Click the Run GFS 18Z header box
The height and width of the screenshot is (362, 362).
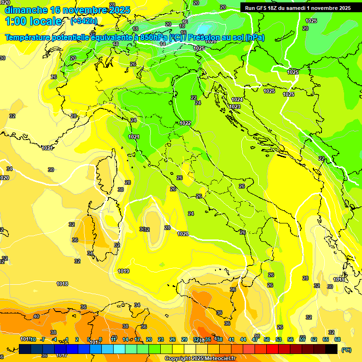pyautogui.click(x=298, y=8)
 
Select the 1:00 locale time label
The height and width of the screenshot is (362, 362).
pyautogui.click(x=33, y=21)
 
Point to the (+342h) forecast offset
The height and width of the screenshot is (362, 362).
pyautogui.click(x=84, y=21)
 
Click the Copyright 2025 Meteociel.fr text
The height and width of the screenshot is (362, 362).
pyautogui.click(x=200, y=358)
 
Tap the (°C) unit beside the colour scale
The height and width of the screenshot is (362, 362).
pyautogui.click(x=346, y=350)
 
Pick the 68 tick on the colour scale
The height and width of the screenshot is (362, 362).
pyautogui.click(x=337, y=339)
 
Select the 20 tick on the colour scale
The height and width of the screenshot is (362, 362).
pyautogui.click(x=149, y=339)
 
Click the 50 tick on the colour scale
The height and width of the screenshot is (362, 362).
pyautogui.click(x=267, y=339)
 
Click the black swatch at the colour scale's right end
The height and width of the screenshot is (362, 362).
pyautogui.click(x=331, y=349)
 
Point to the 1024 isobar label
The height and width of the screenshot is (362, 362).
pyautogui.click(x=237, y=99)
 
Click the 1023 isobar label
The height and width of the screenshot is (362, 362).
pyautogui.click(x=235, y=107)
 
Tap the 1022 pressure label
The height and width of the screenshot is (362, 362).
pyautogui.click(x=185, y=123)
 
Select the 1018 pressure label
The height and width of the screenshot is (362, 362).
pyautogui.click(x=62, y=284)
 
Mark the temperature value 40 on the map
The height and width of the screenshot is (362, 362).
pyautogui.click(x=36, y=316)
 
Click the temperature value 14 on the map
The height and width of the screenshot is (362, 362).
pyautogui.click(x=163, y=44)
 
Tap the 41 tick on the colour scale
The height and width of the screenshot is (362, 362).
pyautogui.click(x=231, y=339)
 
